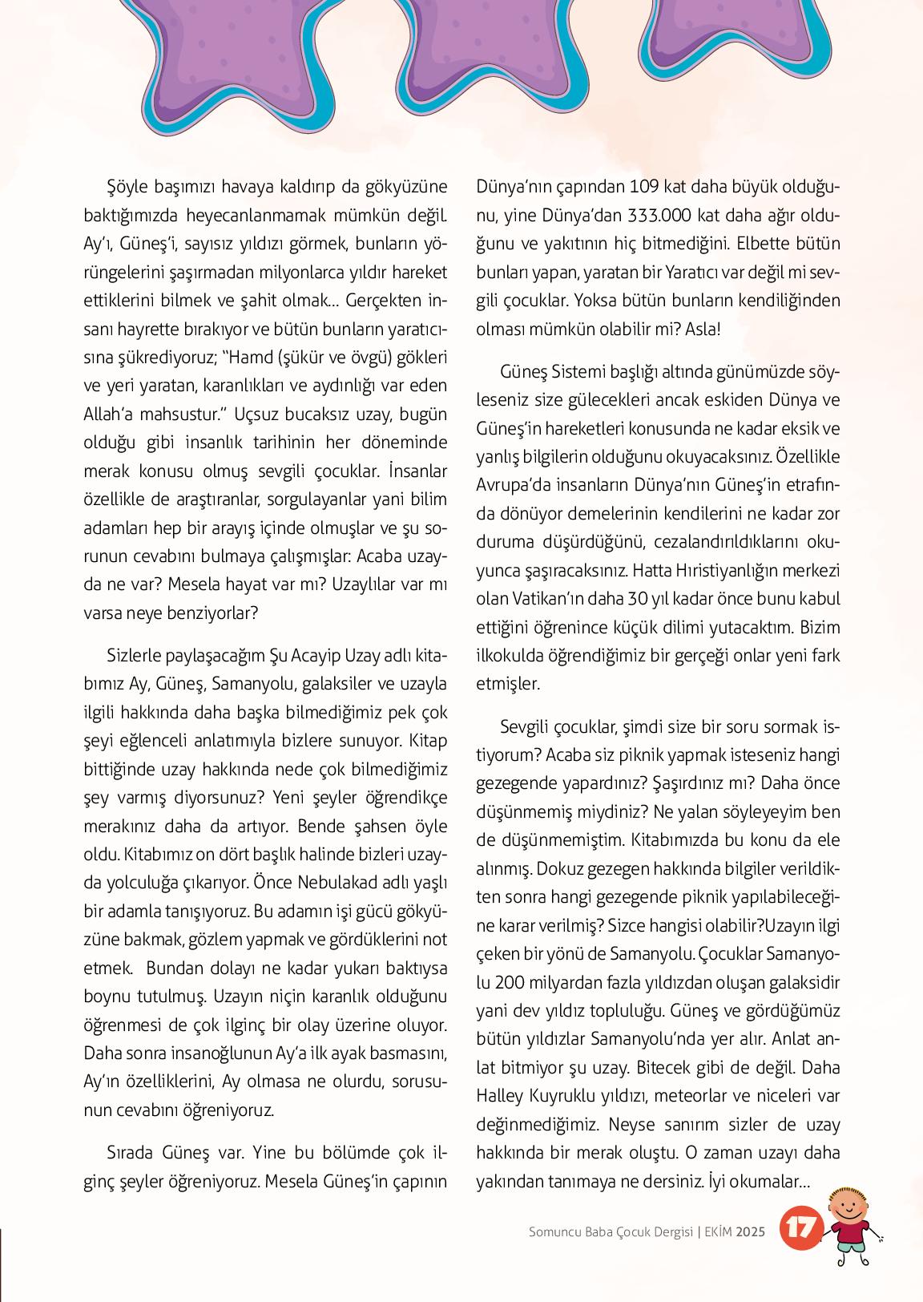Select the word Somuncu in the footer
click(x=556, y=1232)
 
